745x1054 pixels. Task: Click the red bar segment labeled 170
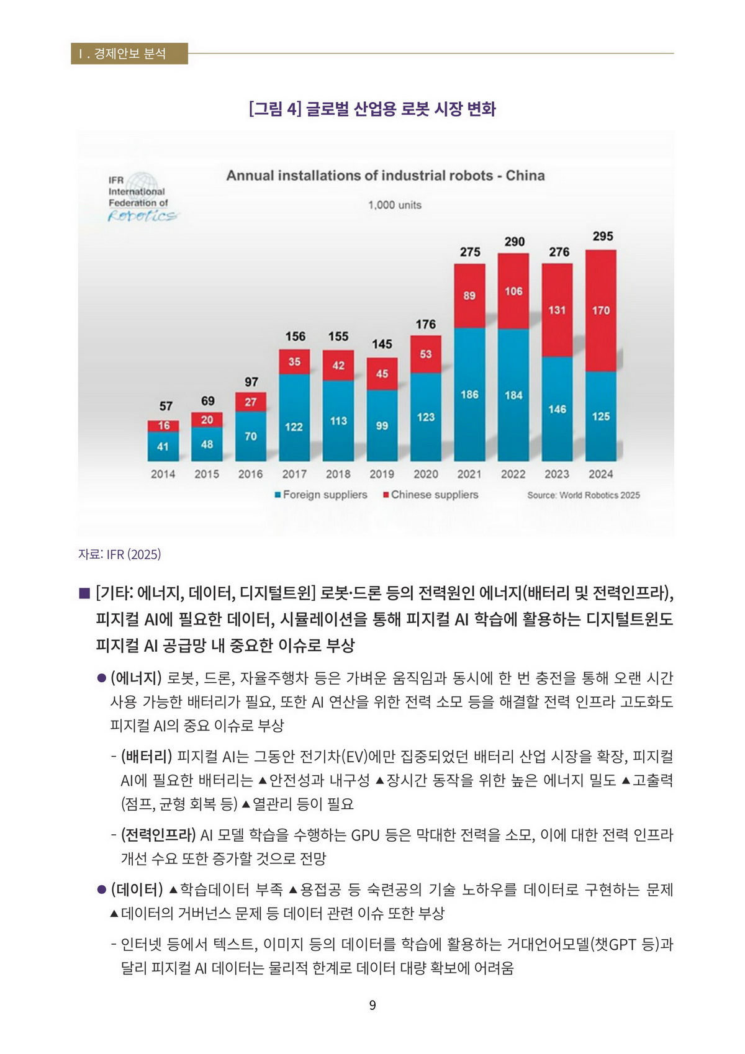click(x=600, y=310)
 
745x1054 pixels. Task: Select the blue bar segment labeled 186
click(x=469, y=394)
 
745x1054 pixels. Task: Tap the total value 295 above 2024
click(x=602, y=236)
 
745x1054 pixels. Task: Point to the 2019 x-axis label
click(x=382, y=474)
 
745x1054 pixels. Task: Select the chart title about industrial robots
click(x=385, y=176)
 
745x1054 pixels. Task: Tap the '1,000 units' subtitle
click(x=394, y=205)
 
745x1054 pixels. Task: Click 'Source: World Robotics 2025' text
click(x=583, y=495)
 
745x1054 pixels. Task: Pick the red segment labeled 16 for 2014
click(x=163, y=426)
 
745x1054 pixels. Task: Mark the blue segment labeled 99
click(x=382, y=426)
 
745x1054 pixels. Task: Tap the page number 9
click(x=372, y=1005)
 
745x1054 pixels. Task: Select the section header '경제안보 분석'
click(x=129, y=53)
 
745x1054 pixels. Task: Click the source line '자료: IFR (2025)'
click(x=119, y=554)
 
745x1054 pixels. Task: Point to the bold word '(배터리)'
click(x=146, y=757)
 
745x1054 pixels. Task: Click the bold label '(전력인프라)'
click(x=158, y=835)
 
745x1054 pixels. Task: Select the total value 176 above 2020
click(x=425, y=324)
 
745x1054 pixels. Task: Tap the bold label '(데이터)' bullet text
click(x=136, y=890)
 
